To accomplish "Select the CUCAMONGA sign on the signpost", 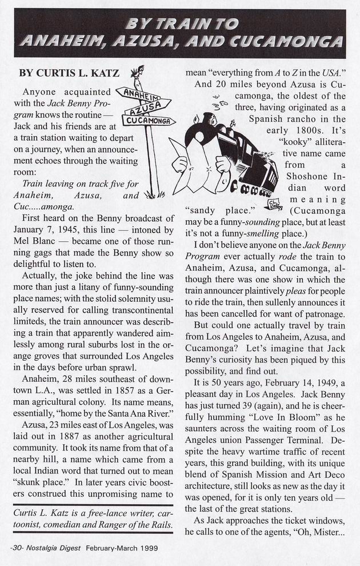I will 148,121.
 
